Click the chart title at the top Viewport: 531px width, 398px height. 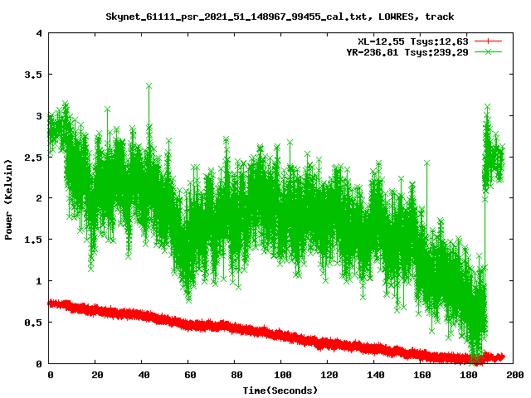pyautogui.click(x=280, y=17)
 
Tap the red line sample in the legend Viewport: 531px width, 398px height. pyautogui.click(x=490, y=41)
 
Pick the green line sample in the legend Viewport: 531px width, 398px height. pyautogui.click(x=490, y=51)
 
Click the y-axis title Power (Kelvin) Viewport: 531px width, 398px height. pyautogui.click(x=9, y=199)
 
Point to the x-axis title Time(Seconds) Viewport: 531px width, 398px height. pyautogui.click(x=280, y=390)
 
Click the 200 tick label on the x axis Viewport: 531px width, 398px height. pyautogui.click(x=514, y=376)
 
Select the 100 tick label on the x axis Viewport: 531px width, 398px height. pyautogui.click(x=282, y=376)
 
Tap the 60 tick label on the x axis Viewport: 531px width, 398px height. pyautogui.click(x=189, y=376)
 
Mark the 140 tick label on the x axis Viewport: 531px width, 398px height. pyautogui.click(x=375, y=376)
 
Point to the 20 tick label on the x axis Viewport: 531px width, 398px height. pyautogui.click(x=96, y=376)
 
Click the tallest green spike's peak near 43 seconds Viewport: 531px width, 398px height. pyautogui.click(x=149, y=85)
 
